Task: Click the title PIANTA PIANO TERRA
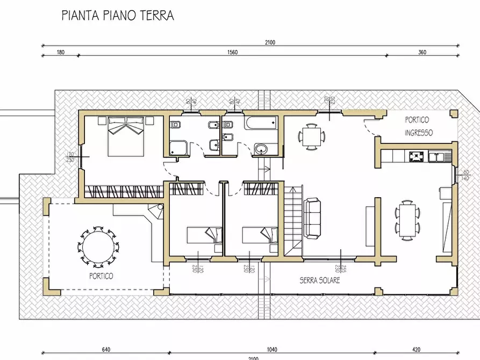coord(118,15)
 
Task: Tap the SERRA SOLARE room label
coord(320,280)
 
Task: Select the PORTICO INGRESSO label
coord(419,126)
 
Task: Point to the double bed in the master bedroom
coord(127,136)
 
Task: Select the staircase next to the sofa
coord(293,220)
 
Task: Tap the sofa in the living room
coord(313,218)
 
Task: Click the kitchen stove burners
coord(417,157)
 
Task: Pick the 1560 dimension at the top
coord(233,52)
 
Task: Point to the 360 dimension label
coord(422,52)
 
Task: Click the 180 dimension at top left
coord(60,52)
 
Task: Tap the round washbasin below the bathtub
coord(261,149)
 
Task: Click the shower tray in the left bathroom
coord(178,148)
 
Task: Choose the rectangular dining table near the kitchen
coord(407,219)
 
